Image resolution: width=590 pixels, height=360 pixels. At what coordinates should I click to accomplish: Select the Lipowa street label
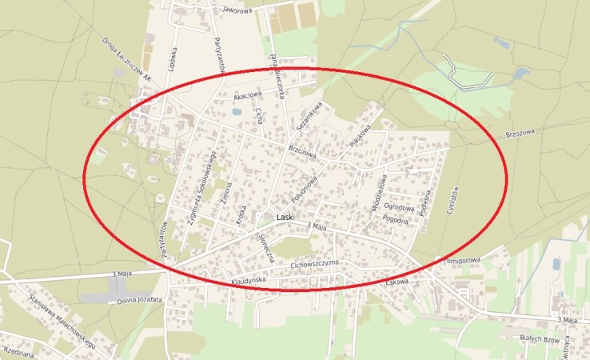tap(173, 59)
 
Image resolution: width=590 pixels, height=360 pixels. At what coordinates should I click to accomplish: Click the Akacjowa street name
tap(247, 96)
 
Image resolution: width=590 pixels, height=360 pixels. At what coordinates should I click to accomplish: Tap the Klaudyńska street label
tap(248, 281)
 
